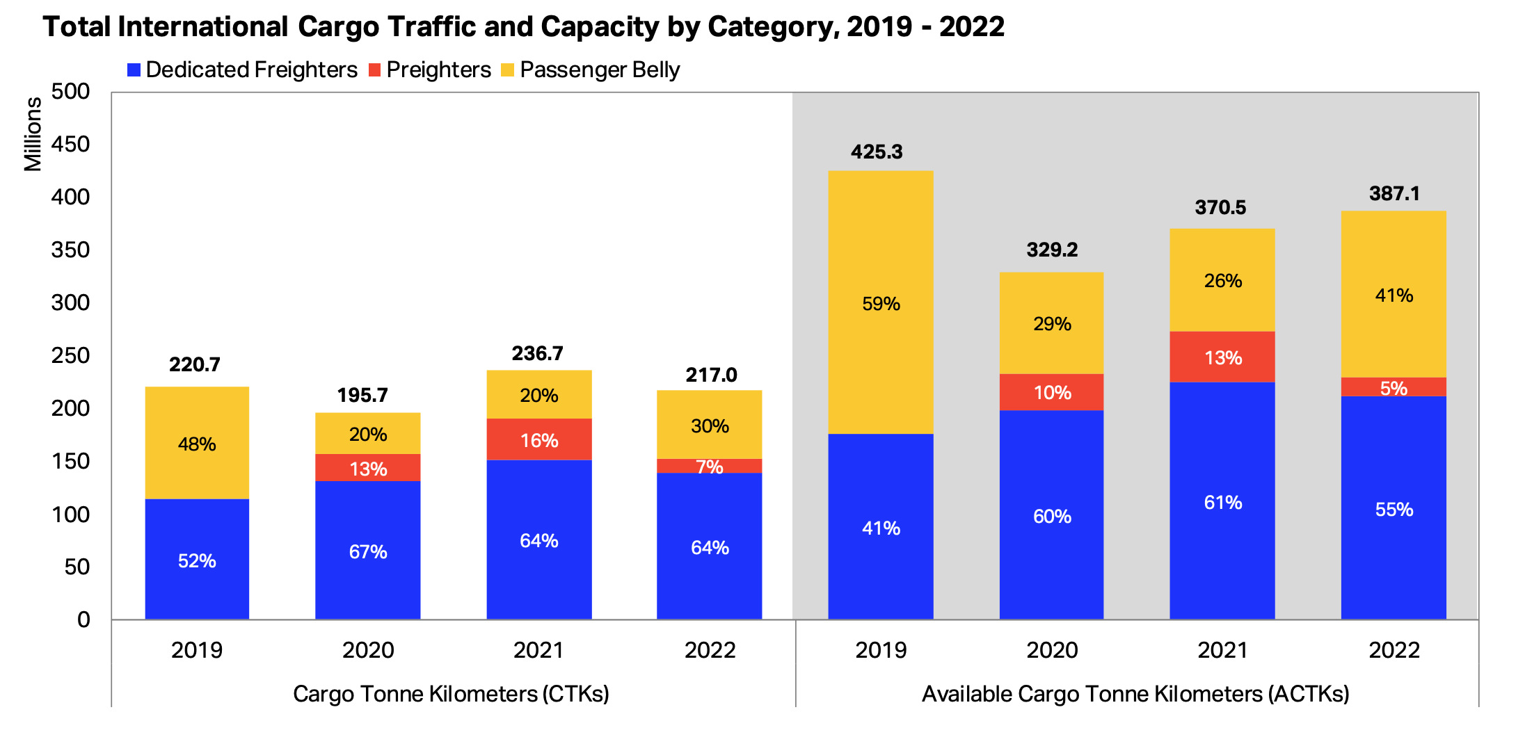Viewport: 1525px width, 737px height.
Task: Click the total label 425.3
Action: tap(877, 152)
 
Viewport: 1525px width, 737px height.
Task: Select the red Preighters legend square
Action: tap(374, 70)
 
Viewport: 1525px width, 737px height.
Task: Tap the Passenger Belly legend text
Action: tap(600, 70)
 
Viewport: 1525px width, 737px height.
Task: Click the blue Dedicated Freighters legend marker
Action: tap(134, 70)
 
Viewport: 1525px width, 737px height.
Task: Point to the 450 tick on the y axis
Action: tap(70, 144)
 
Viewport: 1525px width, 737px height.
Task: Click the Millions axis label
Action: tap(33, 133)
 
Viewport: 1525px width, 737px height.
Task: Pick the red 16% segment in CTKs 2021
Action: tap(539, 439)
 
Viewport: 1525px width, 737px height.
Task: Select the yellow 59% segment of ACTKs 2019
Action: tap(881, 303)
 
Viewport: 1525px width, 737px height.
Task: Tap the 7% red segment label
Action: tap(710, 467)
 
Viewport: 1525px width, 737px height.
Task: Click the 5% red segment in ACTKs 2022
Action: tap(1394, 387)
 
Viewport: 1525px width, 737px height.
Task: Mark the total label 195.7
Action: tap(362, 395)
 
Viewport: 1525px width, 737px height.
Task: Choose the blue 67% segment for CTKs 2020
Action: tap(368, 551)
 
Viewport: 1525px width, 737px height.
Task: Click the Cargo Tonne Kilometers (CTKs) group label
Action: tap(451, 693)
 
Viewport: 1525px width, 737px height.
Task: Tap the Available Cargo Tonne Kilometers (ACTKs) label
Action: tap(1135, 693)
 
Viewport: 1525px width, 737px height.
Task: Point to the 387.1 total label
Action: tap(1394, 193)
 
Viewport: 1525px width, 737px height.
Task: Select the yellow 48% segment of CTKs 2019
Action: tap(197, 444)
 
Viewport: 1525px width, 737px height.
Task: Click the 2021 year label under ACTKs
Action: tap(1222, 650)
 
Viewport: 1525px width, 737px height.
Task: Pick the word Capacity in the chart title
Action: tap(599, 26)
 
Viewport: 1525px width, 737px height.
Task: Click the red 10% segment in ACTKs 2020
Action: tap(1052, 392)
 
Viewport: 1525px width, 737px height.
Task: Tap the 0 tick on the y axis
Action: tap(83, 619)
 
